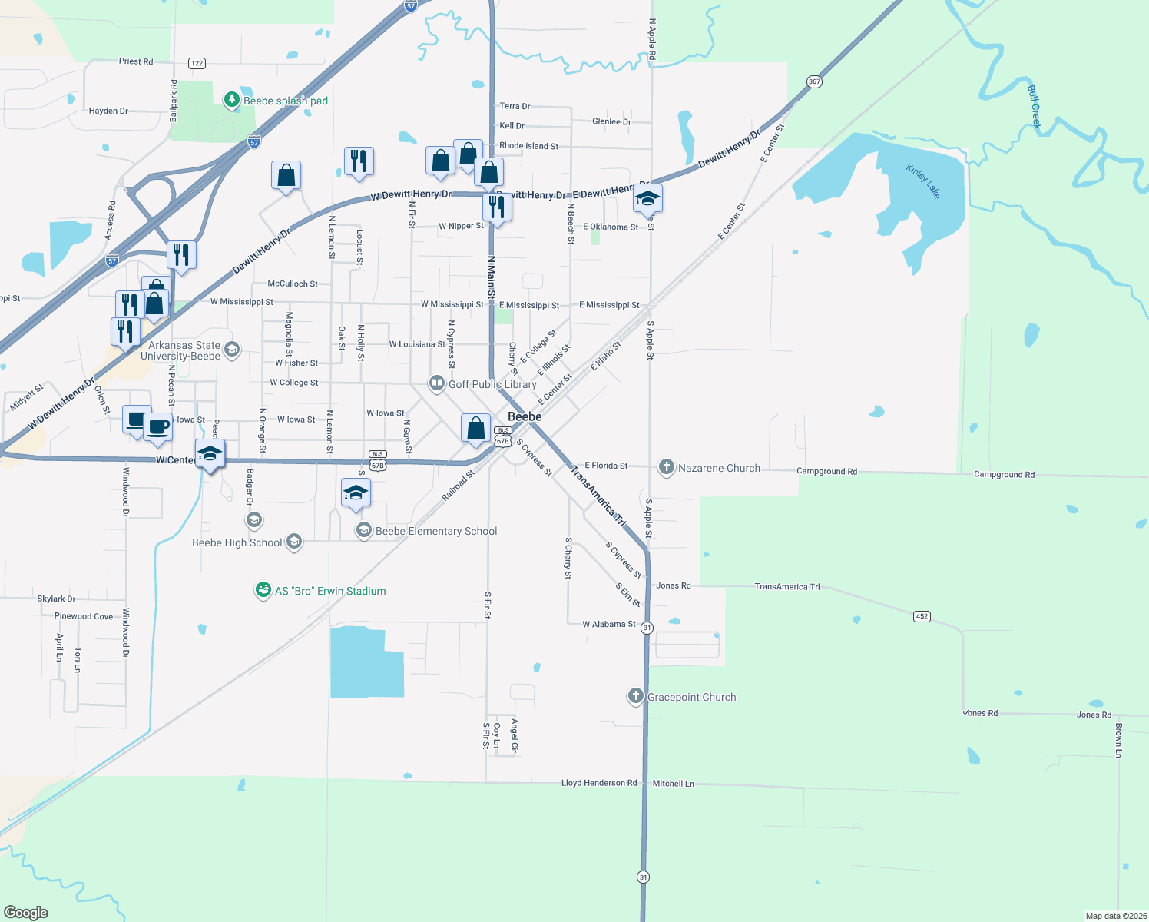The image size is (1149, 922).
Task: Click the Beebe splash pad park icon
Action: tap(231, 100)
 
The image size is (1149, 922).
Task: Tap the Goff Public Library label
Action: tap(492, 384)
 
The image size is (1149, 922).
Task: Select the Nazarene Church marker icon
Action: tap(667, 467)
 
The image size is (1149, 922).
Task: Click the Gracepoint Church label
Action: tap(691, 697)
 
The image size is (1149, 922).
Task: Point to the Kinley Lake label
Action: tap(922, 181)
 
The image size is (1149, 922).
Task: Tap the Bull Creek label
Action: tap(1035, 106)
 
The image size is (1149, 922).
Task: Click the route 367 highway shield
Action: tap(814, 81)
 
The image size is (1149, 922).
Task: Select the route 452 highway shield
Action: tap(922, 616)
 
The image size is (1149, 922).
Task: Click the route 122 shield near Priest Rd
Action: tap(197, 63)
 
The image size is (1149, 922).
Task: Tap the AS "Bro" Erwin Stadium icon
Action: tap(263, 590)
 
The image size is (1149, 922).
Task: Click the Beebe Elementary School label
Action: tap(436, 531)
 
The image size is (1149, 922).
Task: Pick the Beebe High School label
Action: tap(237, 542)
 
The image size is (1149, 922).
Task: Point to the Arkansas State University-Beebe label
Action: tap(180, 350)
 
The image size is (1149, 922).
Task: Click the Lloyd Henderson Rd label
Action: tap(599, 783)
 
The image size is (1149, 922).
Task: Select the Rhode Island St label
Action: tap(528, 145)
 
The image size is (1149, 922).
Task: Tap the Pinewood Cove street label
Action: tap(84, 616)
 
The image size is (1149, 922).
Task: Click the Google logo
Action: tap(26, 912)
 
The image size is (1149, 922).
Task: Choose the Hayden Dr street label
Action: tap(108, 111)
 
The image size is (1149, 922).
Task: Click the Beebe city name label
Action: tap(525, 416)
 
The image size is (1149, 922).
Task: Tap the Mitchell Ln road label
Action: tap(673, 784)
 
